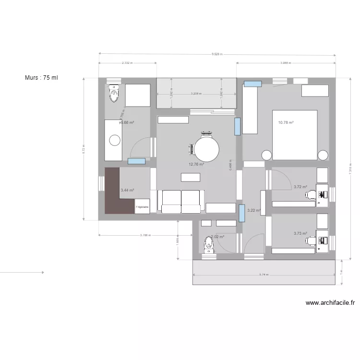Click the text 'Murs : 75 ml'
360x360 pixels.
coord(41,78)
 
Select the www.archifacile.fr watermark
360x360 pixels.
coord(330,303)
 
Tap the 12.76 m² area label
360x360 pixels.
coord(196,164)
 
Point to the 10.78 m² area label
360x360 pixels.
coord(286,122)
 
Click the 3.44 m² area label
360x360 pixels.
coord(127,190)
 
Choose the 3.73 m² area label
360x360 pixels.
coord(300,233)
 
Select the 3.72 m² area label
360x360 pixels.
coord(300,187)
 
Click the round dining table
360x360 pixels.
coord(207,149)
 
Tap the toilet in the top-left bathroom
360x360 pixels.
coord(114,94)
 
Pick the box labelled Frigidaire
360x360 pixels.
coord(142,207)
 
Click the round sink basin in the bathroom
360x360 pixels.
coord(115,140)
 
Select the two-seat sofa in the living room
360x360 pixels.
coord(181,201)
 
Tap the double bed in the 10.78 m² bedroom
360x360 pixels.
coord(295,135)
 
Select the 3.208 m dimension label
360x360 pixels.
coord(196,94)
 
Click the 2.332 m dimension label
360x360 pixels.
coord(127,63)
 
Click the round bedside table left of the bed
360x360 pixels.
coord(266,155)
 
